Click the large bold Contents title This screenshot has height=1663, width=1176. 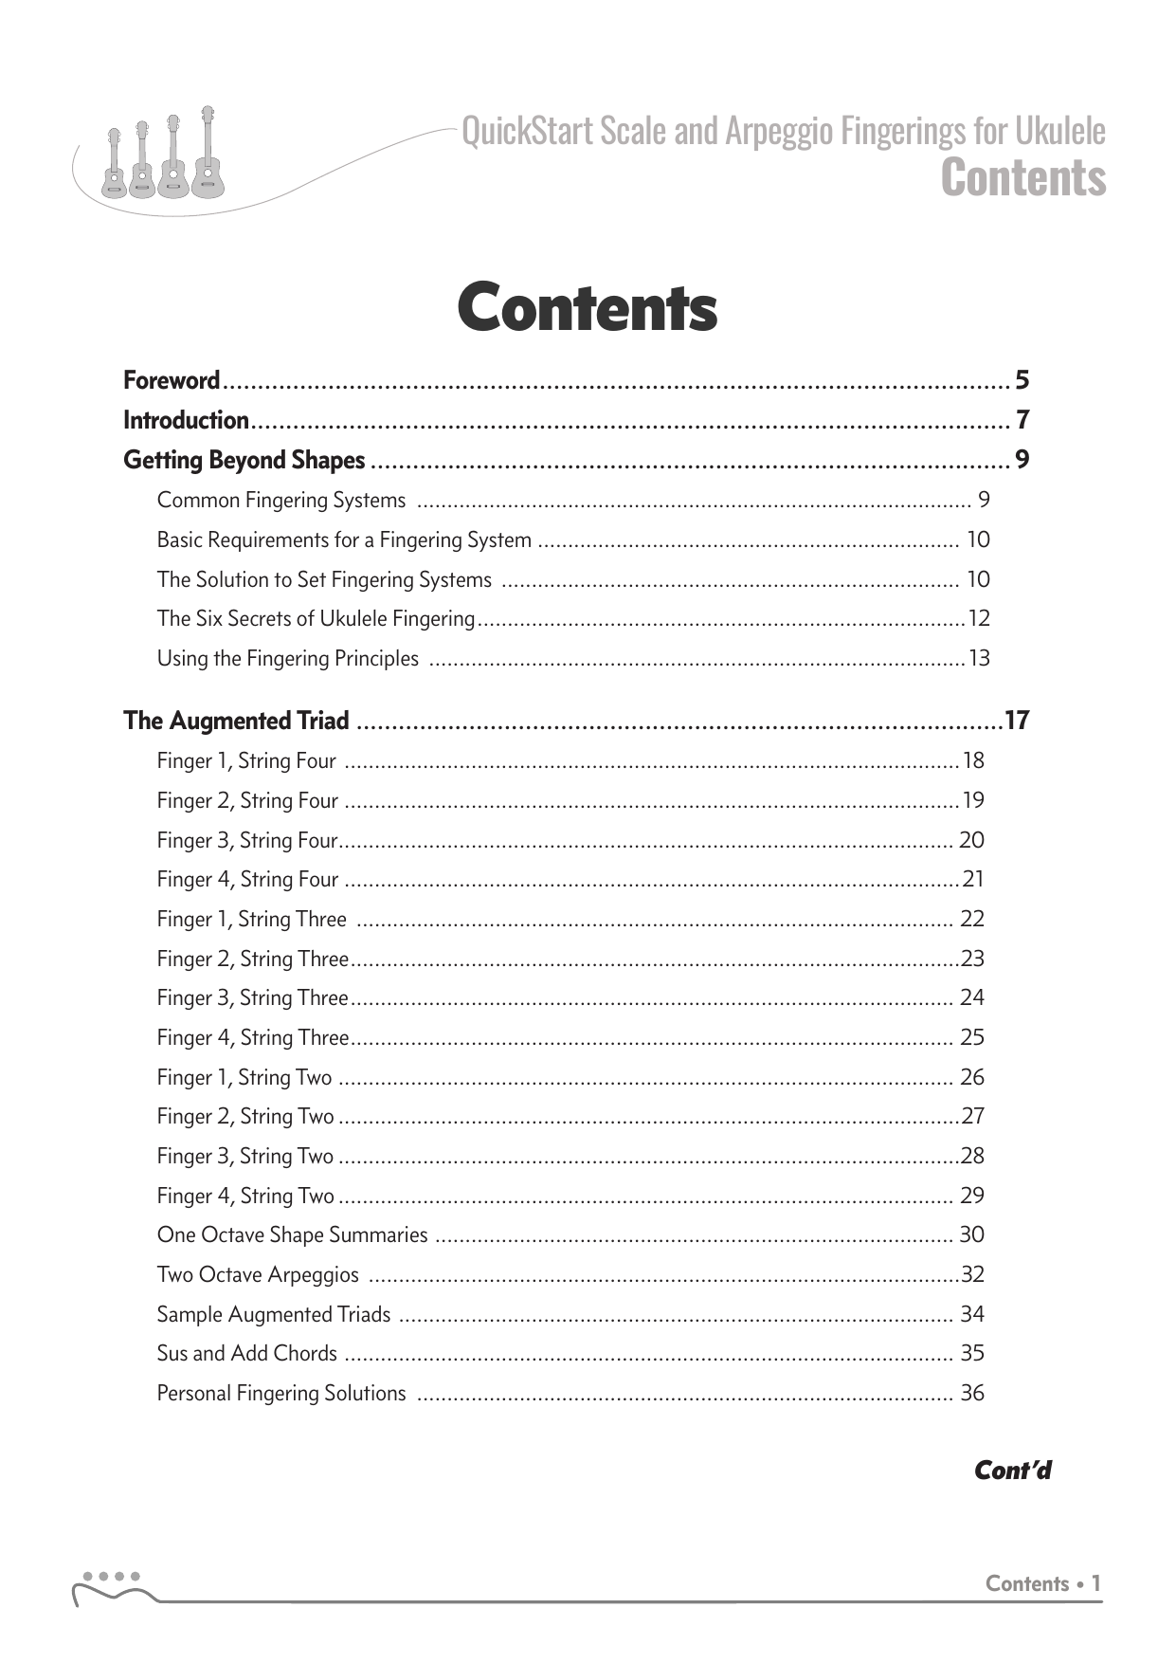[587, 308]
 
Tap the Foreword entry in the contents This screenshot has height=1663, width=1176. [172, 381]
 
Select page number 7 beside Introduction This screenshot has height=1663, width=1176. [1022, 420]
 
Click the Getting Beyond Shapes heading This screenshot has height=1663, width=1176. [244, 460]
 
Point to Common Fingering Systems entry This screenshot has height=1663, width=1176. [281, 500]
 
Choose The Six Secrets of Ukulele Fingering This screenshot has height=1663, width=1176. [316, 619]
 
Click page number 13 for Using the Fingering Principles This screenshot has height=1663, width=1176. [979, 658]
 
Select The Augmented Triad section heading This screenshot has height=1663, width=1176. [237, 721]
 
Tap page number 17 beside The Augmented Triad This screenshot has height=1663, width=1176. [1017, 721]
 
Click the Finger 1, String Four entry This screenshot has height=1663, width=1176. [246, 760]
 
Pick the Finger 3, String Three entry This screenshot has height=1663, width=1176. [253, 997]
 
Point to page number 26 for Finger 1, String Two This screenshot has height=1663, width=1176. [972, 1077]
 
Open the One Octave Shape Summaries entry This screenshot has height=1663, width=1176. [293, 1234]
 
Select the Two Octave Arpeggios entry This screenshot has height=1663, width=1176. [258, 1274]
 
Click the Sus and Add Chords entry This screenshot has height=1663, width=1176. [247, 1353]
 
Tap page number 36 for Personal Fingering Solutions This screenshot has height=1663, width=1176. [972, 1393]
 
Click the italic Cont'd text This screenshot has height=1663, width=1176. [1013, 1471]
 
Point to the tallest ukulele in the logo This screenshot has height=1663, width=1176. [207, 156]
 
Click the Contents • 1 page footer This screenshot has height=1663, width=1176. [1043, 1583]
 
